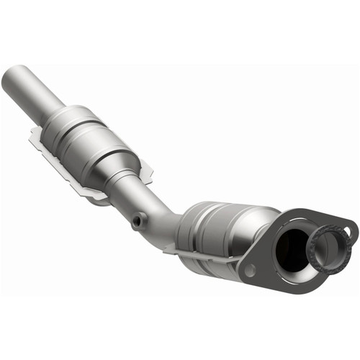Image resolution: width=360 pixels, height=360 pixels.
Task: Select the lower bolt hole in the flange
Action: pos(249,271)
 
